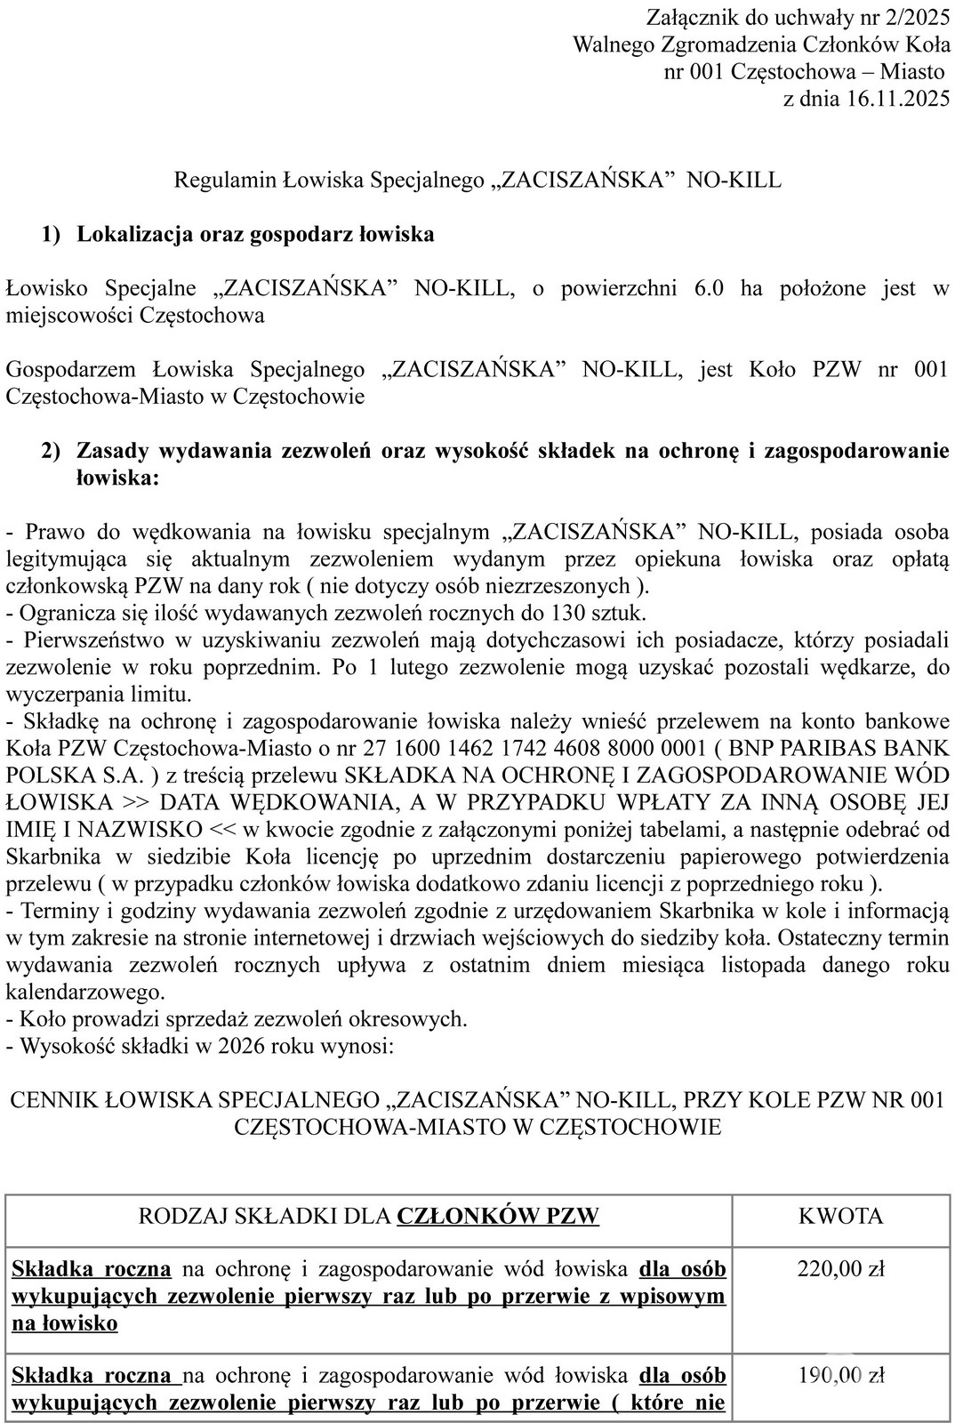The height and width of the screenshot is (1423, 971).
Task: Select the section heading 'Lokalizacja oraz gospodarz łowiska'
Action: [x=255, y=235]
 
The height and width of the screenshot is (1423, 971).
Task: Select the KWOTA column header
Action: [x=840, y=1216]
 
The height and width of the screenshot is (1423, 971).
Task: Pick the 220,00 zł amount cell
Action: [x=840, y=1268]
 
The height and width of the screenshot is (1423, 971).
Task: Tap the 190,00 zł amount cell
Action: [x=840, y=1375]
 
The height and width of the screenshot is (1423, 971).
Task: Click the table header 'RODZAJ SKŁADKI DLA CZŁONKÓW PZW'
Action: [x=368, y=1216]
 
